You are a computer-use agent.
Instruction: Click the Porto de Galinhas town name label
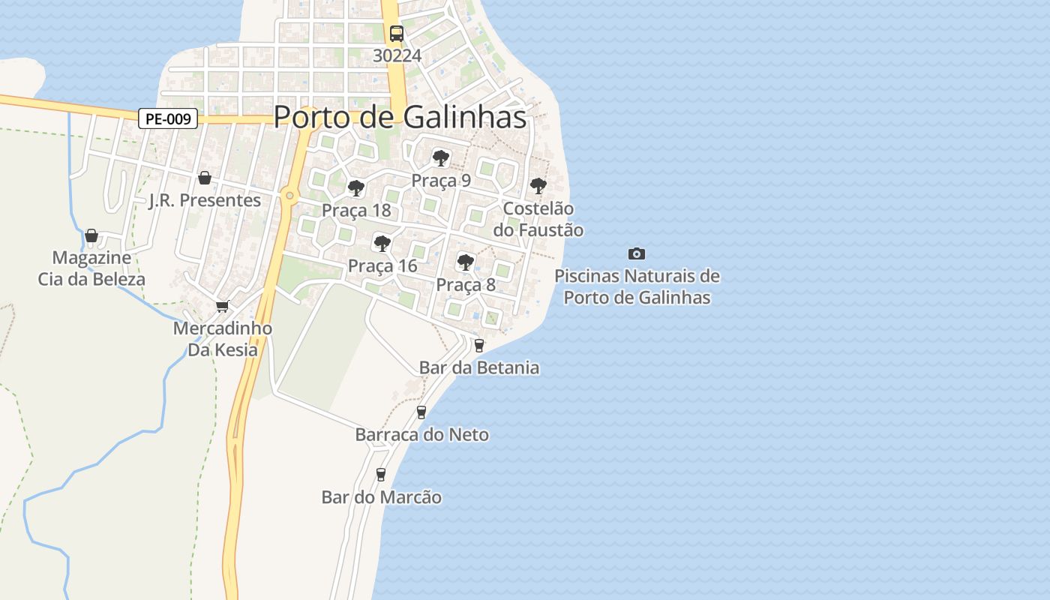click(399, 117)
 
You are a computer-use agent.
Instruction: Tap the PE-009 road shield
click(168, 118)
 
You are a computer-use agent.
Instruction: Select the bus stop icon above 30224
click(397, 34)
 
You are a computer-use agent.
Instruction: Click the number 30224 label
click(397, 55)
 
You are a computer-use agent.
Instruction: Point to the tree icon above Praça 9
click(441, 158)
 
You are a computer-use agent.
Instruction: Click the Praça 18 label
click(356, 210)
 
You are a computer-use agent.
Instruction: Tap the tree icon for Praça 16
click(382, 243)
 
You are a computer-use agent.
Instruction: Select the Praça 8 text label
click(466, 285)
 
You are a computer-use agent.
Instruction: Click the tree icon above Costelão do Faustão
click(538, 185)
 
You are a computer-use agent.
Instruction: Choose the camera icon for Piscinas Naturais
click(637, 254)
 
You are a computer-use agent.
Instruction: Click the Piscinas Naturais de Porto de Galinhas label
click(637, 286)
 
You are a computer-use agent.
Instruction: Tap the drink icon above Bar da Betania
click(479, 345)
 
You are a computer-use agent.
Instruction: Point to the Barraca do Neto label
click(421, 434)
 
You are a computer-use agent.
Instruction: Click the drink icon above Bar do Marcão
click(381, 474)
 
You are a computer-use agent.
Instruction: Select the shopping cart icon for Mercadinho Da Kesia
click(222, 306)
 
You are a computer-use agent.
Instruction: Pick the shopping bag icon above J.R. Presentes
click(204, 178)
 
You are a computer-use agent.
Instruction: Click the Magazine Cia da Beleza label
click(91, 268)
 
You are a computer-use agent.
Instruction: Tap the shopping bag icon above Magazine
click(91, 235)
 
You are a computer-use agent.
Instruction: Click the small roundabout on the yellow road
click(289, 196)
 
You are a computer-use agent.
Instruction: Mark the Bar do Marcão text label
click(381, 497)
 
